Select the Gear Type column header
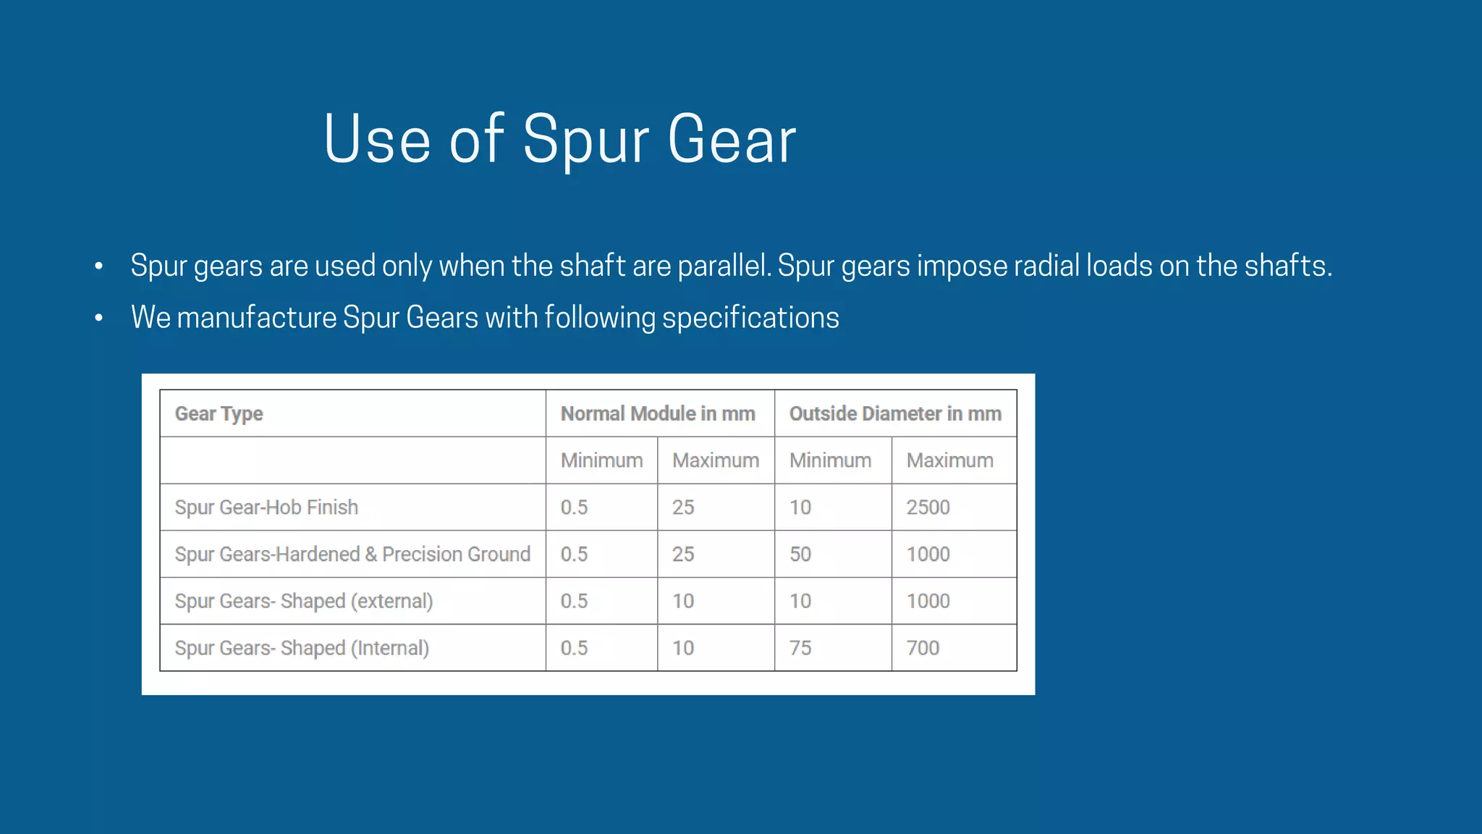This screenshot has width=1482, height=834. pos(219,413)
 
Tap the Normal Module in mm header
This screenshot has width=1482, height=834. pos(658,413)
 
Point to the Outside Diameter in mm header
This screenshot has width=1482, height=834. pos(895,413)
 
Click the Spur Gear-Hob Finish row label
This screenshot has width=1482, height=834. pos(266,507)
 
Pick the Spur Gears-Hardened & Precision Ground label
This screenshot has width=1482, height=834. pos(352,554)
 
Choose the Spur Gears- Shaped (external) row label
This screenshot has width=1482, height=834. pos(304,601)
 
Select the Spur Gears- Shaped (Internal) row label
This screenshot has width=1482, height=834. pos(302,648)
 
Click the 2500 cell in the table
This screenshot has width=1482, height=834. pos(928,507)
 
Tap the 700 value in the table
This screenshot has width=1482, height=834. pos(923,648)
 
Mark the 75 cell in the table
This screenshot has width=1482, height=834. pos(800,648)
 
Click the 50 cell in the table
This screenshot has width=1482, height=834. pos(800,554)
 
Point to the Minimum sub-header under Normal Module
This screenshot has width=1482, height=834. pos(601,460)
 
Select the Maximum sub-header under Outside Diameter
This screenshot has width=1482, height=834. pos(949,460)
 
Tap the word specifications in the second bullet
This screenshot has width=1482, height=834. pos(750,318)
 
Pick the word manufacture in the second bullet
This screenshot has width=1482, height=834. pos(257,318)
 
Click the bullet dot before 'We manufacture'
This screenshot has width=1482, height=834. pos(99,318)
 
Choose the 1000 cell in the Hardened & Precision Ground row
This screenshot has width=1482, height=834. pos(928,554)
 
